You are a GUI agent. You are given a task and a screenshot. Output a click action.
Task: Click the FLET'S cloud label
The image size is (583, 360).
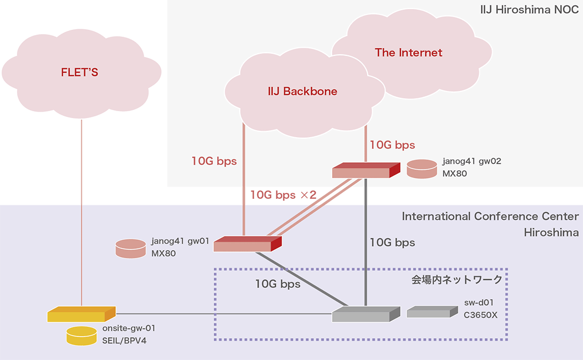80,72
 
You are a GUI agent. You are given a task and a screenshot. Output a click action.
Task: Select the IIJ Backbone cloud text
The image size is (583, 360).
302,91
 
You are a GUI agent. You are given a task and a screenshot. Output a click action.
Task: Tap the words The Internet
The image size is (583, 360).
408,53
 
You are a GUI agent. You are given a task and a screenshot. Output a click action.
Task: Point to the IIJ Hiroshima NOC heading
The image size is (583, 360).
529,9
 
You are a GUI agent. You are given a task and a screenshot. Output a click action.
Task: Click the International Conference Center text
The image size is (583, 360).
490,216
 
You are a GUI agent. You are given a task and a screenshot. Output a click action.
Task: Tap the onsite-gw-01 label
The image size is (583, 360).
129,328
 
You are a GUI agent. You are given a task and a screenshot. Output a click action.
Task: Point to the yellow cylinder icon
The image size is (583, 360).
81,335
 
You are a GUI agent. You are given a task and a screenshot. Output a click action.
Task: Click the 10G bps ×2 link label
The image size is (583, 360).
283,195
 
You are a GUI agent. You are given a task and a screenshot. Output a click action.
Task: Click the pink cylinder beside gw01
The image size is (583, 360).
131,248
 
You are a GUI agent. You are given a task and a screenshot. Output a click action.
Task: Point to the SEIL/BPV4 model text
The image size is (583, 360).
124,340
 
